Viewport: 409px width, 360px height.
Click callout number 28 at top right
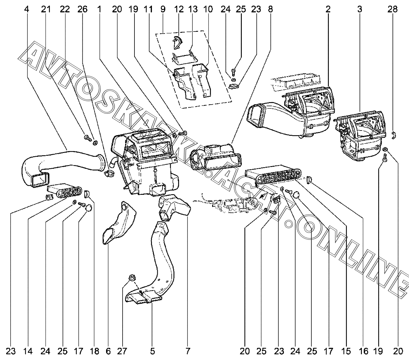click(392, 9)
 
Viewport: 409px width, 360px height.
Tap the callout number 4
click(27, 9)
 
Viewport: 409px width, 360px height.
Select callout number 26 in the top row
click(83, 9)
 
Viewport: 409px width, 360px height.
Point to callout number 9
click(163, 9)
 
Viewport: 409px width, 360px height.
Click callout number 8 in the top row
click(270, 9)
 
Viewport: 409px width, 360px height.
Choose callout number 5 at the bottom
click(152, 351)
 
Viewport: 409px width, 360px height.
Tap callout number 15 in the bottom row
click(346, 351)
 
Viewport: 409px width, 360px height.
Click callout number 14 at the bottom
click(28, 351)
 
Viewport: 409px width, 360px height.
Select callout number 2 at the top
click(328, 9)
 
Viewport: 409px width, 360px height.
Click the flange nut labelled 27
click(131, 278)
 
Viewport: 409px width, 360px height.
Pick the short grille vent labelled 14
click(66, 192)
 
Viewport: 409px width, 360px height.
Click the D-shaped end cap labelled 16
click(310, 179)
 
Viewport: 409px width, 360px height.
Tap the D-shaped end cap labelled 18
click(87, 193)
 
